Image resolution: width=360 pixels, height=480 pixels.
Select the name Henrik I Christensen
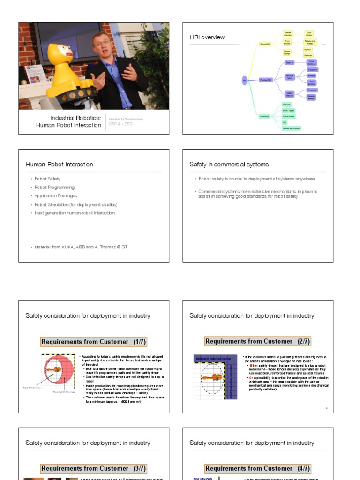(x=126, y=119)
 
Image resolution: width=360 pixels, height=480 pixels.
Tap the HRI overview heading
(x=207, y=37)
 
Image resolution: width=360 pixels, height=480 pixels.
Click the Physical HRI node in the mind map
(x=266, y=80)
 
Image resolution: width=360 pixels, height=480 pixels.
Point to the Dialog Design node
(x=287, y=52)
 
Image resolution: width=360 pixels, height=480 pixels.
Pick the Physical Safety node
(x=289, y=76)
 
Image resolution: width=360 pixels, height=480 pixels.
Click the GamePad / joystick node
(x=292, y=128)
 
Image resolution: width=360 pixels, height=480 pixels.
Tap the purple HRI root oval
(x=244, y=80)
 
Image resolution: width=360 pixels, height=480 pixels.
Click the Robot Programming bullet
(x=54, y=187)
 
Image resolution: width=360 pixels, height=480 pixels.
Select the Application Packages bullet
(x=56, y=196)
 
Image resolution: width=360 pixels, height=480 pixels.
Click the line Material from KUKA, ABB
(x=81, y=247)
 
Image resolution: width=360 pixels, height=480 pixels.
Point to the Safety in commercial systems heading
(x=229, y=165)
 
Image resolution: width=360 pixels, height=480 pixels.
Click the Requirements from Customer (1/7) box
(x=93, y=342)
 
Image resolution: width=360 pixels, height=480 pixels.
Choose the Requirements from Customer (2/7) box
(x=257, y=341)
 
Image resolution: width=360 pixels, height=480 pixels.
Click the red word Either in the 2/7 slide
(x=254, y=366)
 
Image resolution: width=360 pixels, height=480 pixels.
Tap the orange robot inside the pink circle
(x=54, y=369)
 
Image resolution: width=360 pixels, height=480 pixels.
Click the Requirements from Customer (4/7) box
(x=257, y=468)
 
